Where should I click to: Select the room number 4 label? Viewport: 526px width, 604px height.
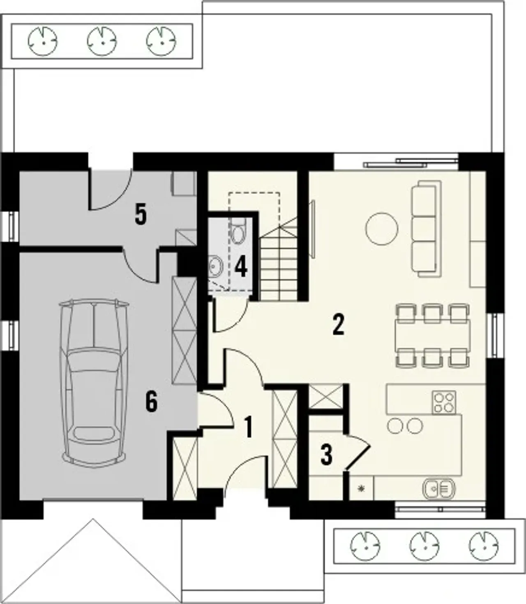[x=241, y=267]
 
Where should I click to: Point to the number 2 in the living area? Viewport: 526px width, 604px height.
[x=338, y=325]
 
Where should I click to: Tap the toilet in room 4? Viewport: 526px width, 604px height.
[x=238, y=231]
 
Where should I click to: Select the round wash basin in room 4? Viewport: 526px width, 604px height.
[x=216, y=267]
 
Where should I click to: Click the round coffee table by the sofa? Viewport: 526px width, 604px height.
[x=381, y=229]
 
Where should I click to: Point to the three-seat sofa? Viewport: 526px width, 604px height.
[x=426, y=229]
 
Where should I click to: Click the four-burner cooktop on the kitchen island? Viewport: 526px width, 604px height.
[x=444, y=402]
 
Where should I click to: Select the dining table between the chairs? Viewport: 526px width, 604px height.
[x=433, y=335]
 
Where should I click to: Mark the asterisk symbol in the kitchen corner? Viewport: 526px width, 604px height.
[x=362, y=488]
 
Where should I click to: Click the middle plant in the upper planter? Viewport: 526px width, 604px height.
[x=102, y=41]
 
